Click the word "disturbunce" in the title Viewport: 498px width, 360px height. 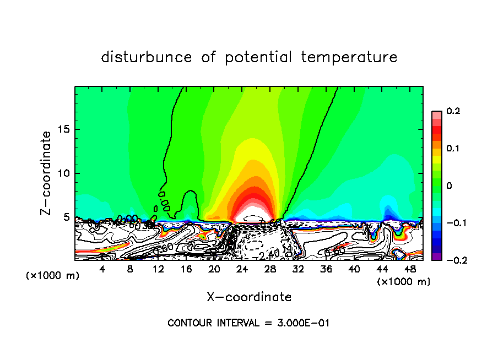[x=147, y=57]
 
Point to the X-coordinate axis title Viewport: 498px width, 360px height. [x=249, y=297]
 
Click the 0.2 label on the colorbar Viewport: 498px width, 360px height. [x=453, y=111]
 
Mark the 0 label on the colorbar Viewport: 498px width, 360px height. [x=449, y=186]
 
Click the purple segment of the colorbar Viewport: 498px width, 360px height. [x=436, y=257]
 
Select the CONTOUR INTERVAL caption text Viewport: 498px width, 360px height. [x=248, y=323]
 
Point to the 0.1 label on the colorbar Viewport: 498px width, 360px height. [x=453, y=149]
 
